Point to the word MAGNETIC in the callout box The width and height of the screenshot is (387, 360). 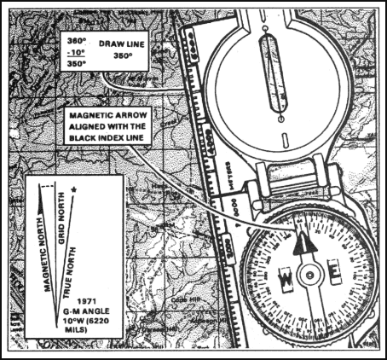coord(89,113)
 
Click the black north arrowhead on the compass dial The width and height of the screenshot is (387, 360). coord(305,244)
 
